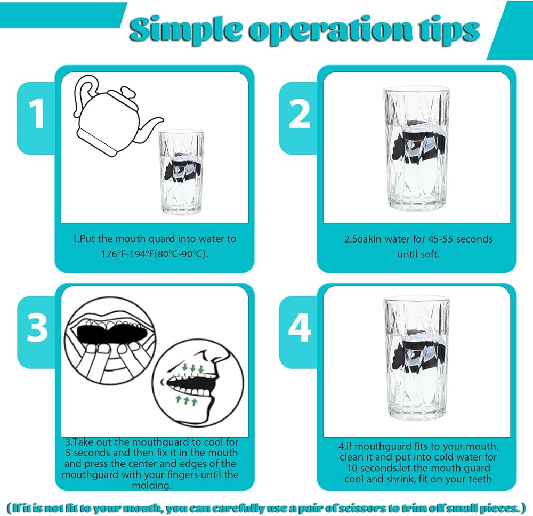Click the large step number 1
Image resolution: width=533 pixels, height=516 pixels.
click(36, 114)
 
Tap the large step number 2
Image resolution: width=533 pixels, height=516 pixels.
click(299, 114)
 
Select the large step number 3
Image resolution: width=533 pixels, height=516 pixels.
click(37, 328)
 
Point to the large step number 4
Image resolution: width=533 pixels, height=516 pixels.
click(300, 328)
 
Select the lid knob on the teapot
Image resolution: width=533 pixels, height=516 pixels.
click(128, 92)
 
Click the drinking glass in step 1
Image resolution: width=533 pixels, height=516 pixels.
click(182, 172)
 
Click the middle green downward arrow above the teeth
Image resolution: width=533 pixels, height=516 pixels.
click(193, 369)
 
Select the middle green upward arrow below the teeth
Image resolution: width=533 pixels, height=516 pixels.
click(186, 400)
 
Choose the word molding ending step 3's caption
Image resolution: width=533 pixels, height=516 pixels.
click(151, 486)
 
